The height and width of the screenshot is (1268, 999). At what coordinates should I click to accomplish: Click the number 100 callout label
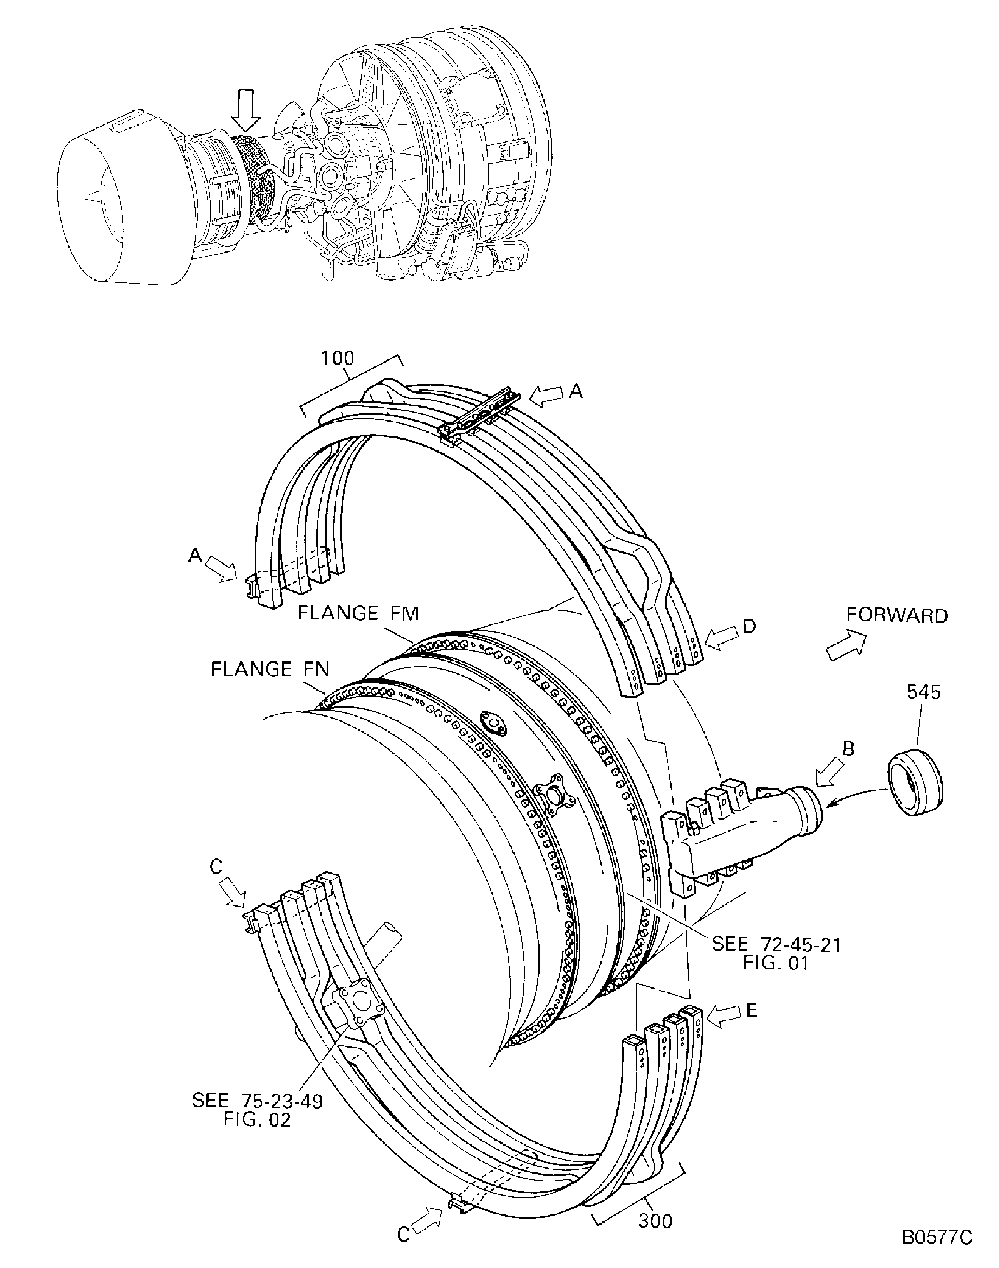(338, 359)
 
